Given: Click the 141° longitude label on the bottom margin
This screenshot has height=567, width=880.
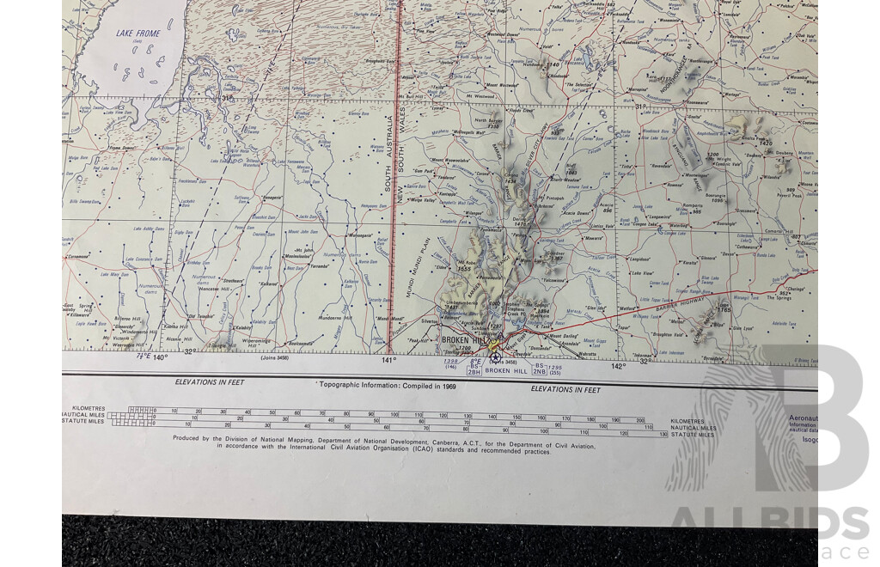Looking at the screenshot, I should tap(389, 361).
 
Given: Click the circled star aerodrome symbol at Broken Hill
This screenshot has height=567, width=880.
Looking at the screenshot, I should tap(495, 357).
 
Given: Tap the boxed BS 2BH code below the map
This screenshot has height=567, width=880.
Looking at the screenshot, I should tap(474, 369).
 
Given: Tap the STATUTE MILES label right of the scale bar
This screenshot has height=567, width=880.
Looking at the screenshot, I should tap(693, 435).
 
